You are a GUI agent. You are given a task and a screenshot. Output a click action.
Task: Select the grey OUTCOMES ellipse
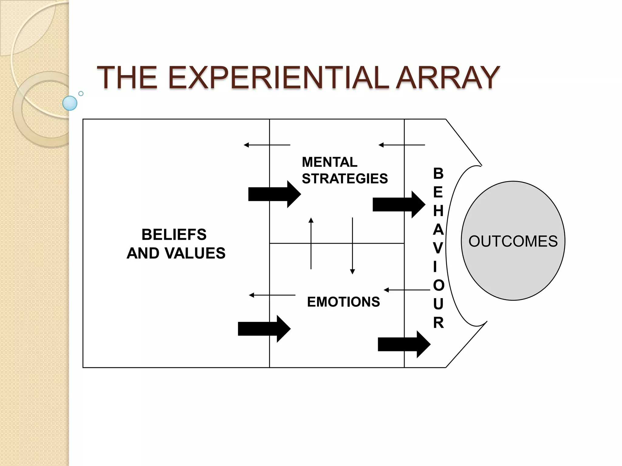[513, 241]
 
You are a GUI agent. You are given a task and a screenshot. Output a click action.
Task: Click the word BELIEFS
[174, 235]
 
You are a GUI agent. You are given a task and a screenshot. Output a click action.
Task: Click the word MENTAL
[330, 162]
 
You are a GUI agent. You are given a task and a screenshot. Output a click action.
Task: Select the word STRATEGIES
[345, 178]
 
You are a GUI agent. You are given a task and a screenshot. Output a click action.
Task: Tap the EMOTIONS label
[343, 302]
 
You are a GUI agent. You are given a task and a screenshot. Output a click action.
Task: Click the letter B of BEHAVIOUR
[438, 174]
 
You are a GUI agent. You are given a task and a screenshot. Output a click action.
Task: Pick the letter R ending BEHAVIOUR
[438, 323]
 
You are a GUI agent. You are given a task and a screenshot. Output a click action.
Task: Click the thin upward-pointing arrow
[311, 243]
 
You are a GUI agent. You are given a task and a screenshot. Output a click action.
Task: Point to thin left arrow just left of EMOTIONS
[272, 295]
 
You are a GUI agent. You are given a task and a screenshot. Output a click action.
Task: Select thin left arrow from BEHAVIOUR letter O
[407, 290]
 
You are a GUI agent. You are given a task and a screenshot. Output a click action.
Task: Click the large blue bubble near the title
[70, 103]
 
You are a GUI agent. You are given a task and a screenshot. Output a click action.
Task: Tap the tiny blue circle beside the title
[81, 93]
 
